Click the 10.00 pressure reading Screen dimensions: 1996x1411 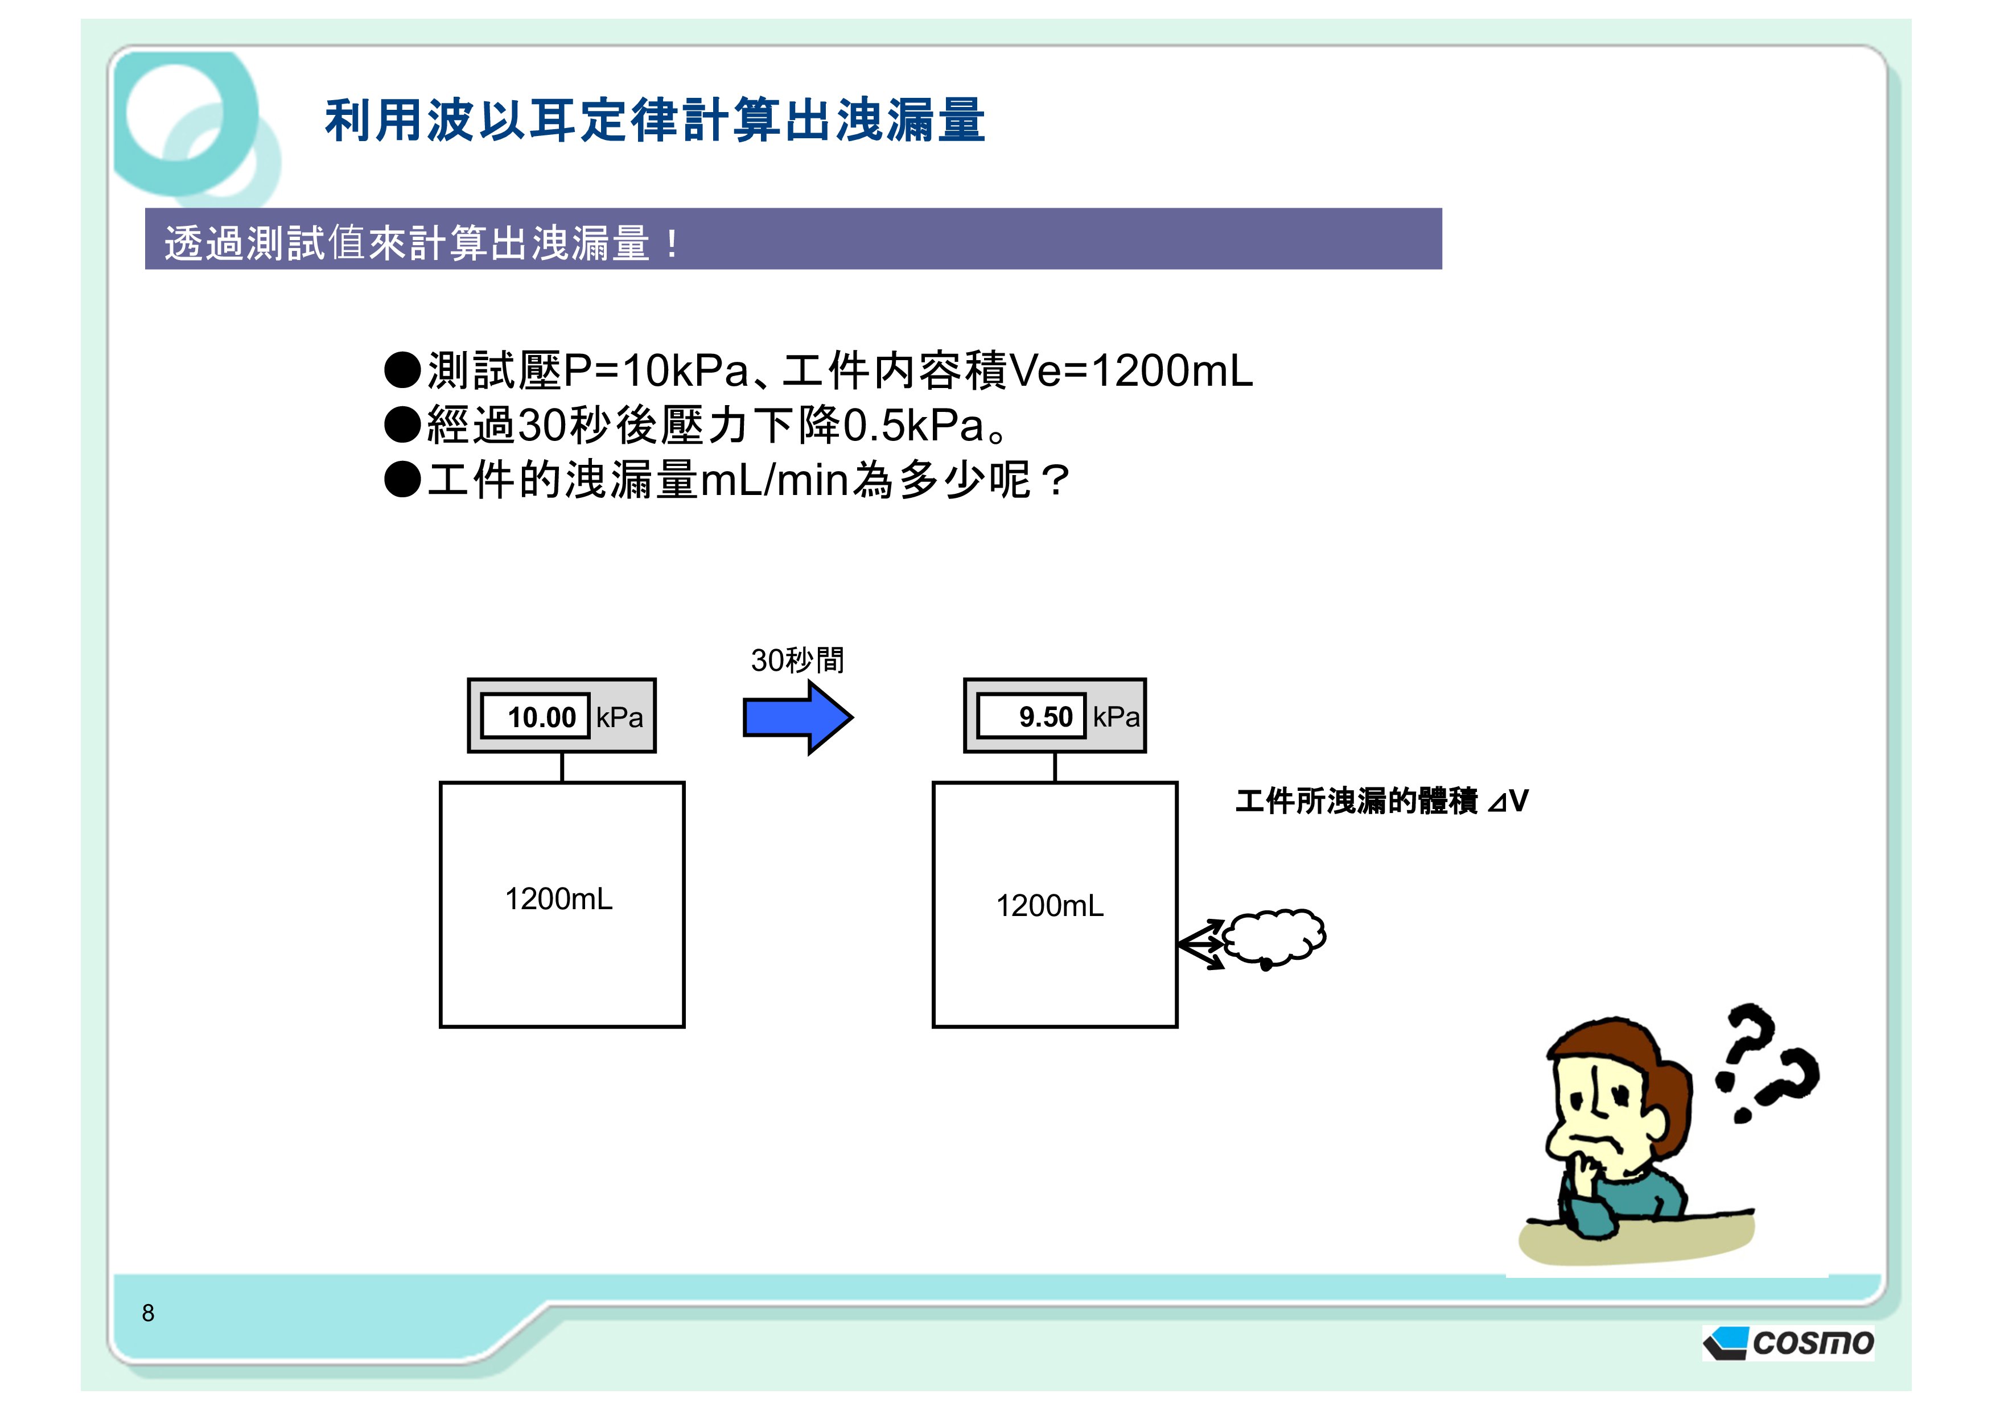pos(542,717)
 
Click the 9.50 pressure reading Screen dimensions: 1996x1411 pos(1046,717)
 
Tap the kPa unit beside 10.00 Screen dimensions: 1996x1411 pos(619,717)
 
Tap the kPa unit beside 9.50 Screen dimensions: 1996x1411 pos(1116,717)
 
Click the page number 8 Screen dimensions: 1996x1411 pos(148,1313)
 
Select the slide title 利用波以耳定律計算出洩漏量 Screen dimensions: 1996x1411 pos(655,120)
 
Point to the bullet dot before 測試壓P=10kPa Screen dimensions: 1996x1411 pos(402,370)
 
